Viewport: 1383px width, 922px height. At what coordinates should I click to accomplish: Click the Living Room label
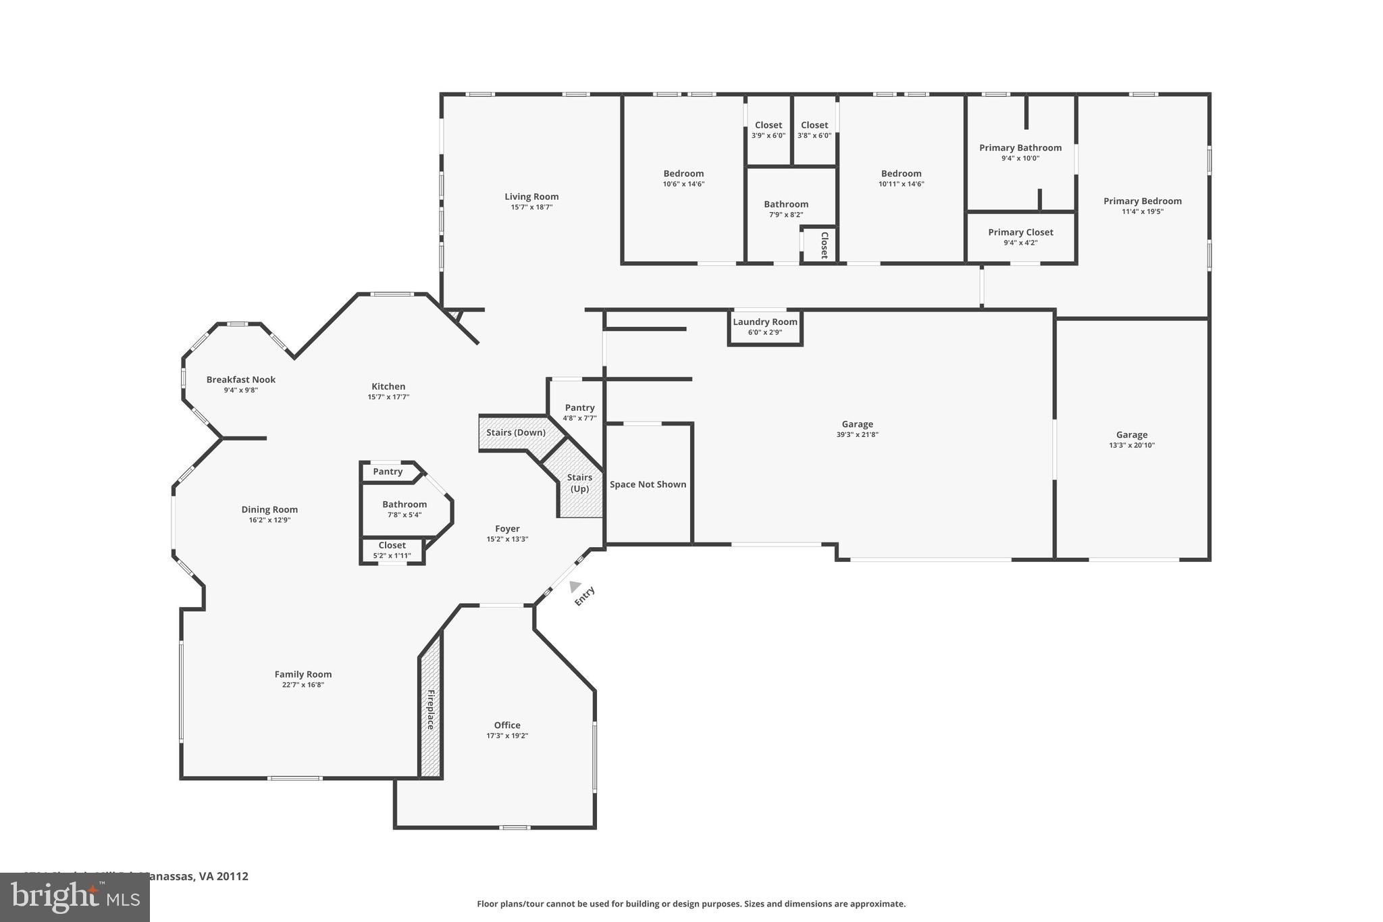point(531,197)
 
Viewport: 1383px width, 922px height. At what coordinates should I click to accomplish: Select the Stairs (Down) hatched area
point(516,432)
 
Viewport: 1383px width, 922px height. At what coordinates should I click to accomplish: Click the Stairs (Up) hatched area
point(579,483)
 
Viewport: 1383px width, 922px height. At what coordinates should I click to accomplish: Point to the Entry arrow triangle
point(575,586)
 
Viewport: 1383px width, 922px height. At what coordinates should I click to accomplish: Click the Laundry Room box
point(765,327)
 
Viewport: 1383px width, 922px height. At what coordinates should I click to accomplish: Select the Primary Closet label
point(1020,232)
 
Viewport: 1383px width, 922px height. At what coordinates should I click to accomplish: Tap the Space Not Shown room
point(648,484)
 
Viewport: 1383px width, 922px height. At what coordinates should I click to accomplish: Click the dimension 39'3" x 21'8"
point(857,435)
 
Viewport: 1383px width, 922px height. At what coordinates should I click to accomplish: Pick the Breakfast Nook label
point(241,380)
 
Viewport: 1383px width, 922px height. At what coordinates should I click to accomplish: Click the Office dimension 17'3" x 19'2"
point(507,736)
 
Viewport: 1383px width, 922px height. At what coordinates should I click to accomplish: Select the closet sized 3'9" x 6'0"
point(768,130)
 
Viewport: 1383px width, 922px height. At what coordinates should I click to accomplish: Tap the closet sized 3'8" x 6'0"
point(814,130)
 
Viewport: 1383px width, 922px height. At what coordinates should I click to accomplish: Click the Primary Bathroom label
point(1020,148)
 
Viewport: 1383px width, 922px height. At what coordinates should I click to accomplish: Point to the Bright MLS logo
point(74,897)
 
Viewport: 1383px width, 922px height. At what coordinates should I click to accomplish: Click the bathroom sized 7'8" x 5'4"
point(405,509)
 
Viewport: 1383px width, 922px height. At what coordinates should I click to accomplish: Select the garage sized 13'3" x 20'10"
point(1132,440)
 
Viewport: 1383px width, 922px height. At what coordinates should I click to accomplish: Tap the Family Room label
point(303,674)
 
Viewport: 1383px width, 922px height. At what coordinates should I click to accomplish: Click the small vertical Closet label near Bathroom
point(824,245)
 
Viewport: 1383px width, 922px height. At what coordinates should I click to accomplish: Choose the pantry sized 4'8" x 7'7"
point(579,412)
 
